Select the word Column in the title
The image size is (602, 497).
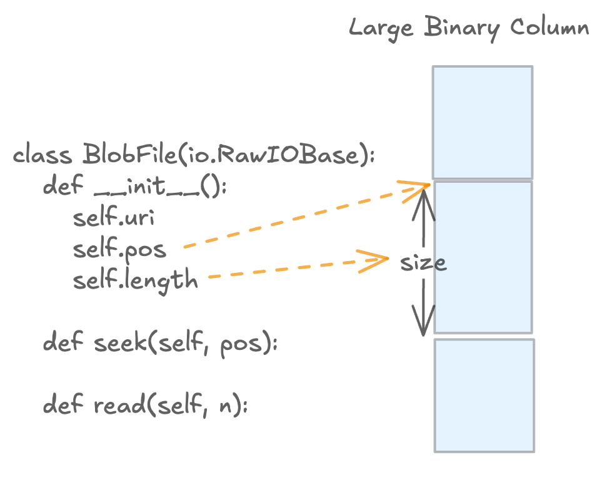coord(549,29)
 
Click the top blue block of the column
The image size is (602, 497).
coord(483,122)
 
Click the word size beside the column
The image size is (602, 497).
coord(423,263)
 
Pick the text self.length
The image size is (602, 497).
coord(135,280)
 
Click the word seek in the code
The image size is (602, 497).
coord(119,344)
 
